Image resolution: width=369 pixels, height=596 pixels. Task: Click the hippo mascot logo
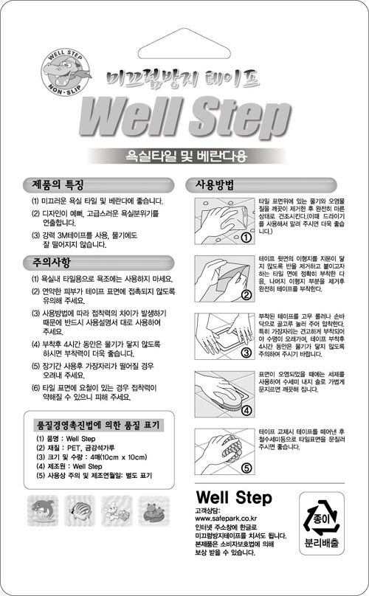pyautogui.click(x=66, y=72)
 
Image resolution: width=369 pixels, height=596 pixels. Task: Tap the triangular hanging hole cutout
pyautogui.click(x=184, y=45)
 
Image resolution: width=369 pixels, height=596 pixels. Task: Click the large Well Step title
pyautogui.click(x=185, y=117)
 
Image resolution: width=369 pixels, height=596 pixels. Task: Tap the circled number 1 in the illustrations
pyautogui.click(x=246, y=238)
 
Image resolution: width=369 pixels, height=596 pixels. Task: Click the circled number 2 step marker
pyautogui.click(x=246, y=295)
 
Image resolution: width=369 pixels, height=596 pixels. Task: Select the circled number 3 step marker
pyautogui.click(x=246, y=353)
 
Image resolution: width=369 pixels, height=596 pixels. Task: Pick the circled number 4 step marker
pyautogui.click(x=246, y=411)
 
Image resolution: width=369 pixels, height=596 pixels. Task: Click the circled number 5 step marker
pyautogui.click(x=246, y=468)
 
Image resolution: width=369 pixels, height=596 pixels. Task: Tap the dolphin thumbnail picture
pyautogui.click(x=43, y=510)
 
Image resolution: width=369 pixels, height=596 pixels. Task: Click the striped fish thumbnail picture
pyautogui.click(x=80, y=510)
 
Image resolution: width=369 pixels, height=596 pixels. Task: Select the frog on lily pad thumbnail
pyautogui.click(x=154, y=510)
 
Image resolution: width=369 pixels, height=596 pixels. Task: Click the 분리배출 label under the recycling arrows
pyautogui.click(x=322, y=543)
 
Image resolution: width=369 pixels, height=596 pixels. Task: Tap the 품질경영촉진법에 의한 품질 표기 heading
pyautogui.click(x=97, y=425)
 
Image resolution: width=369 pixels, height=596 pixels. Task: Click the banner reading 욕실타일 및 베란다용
pyautogui.click(x=187, y=156)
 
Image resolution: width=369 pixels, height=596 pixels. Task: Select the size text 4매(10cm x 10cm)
pyautogui.click(x=119, y=457)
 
